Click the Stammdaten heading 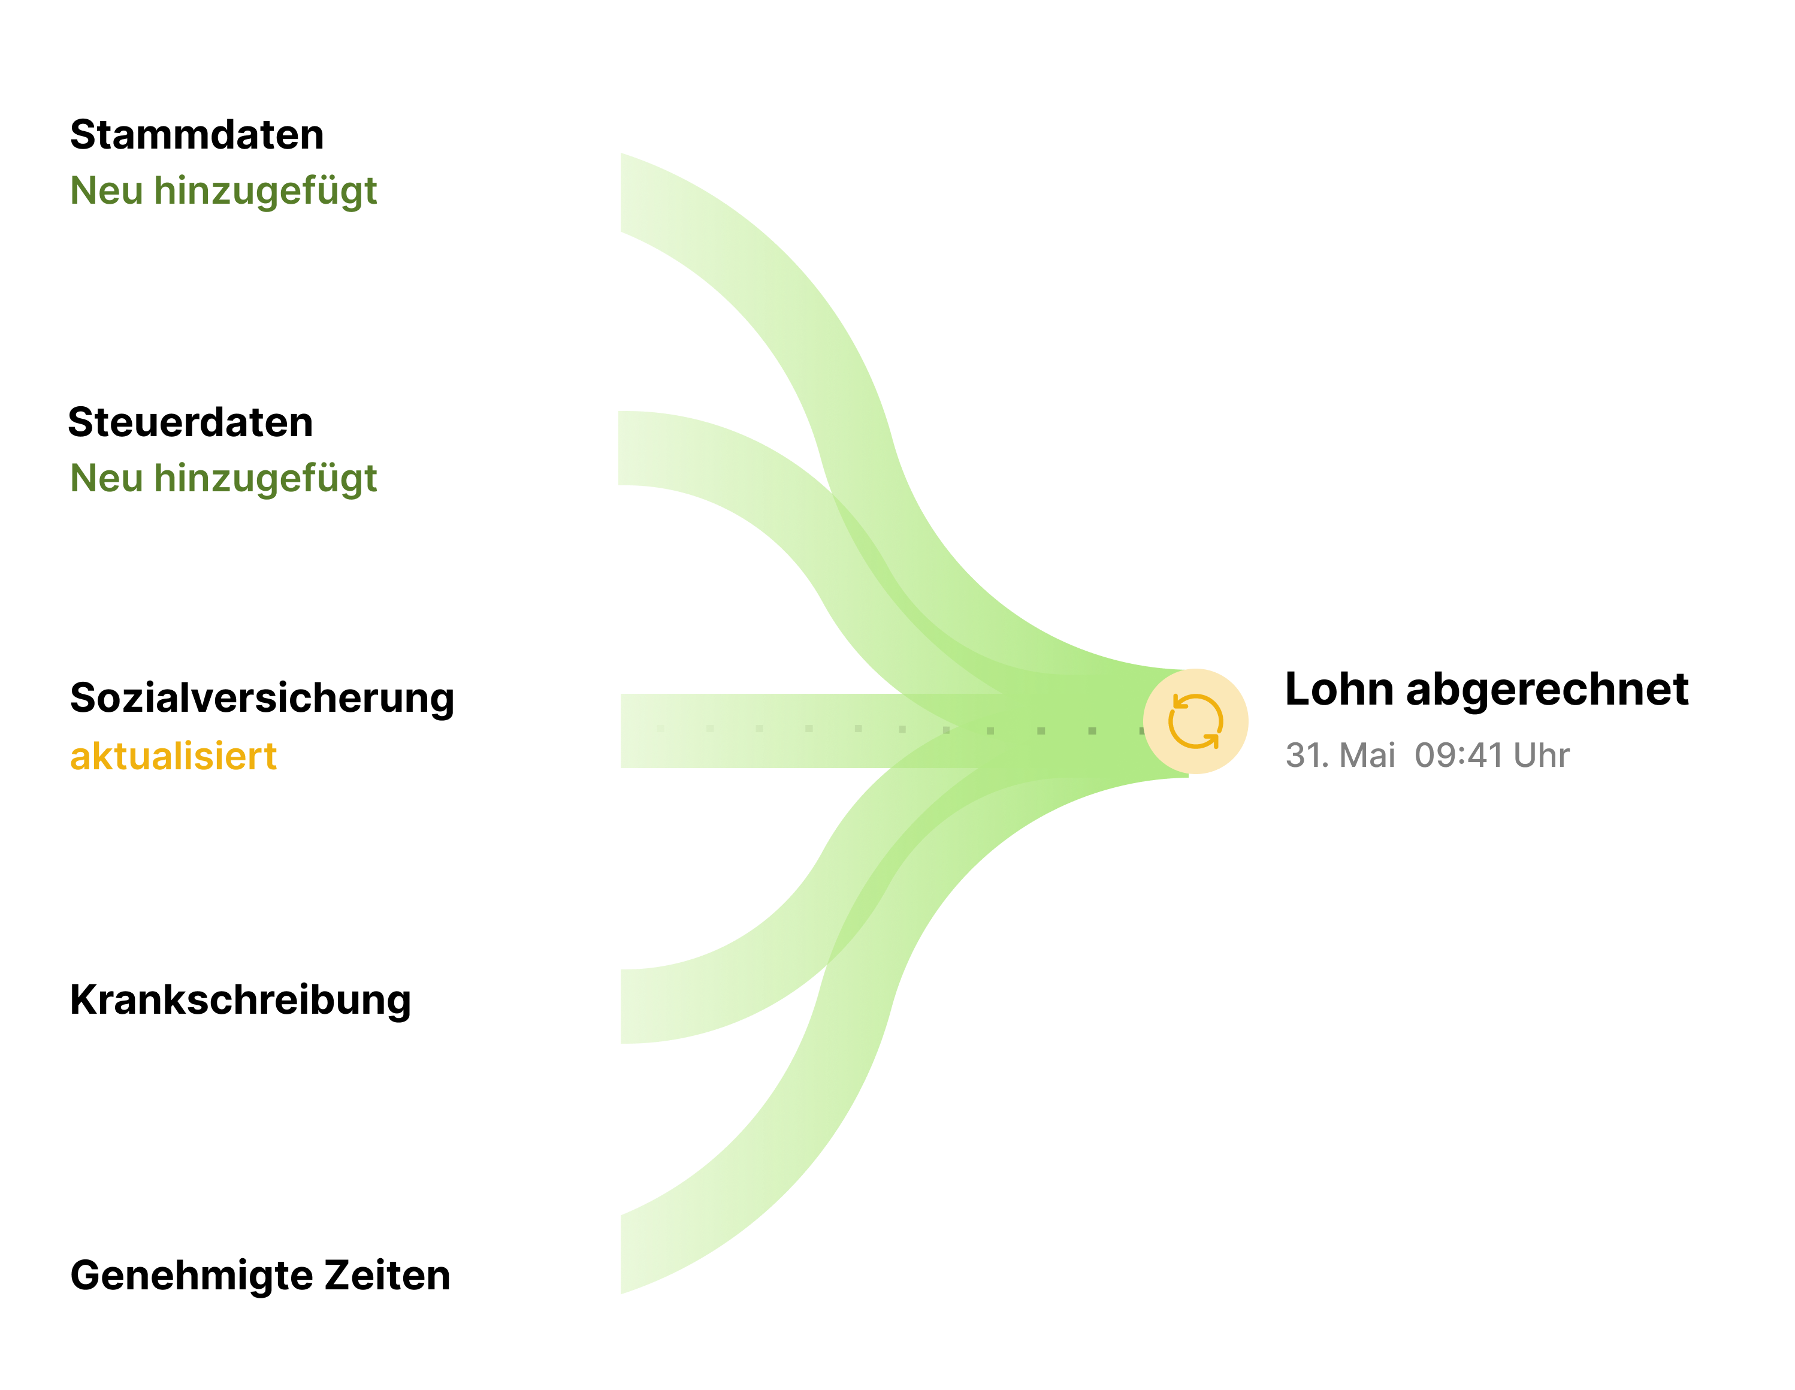197,135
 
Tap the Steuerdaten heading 190,422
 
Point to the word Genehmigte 192,1276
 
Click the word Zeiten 387,1276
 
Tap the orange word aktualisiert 173,756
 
